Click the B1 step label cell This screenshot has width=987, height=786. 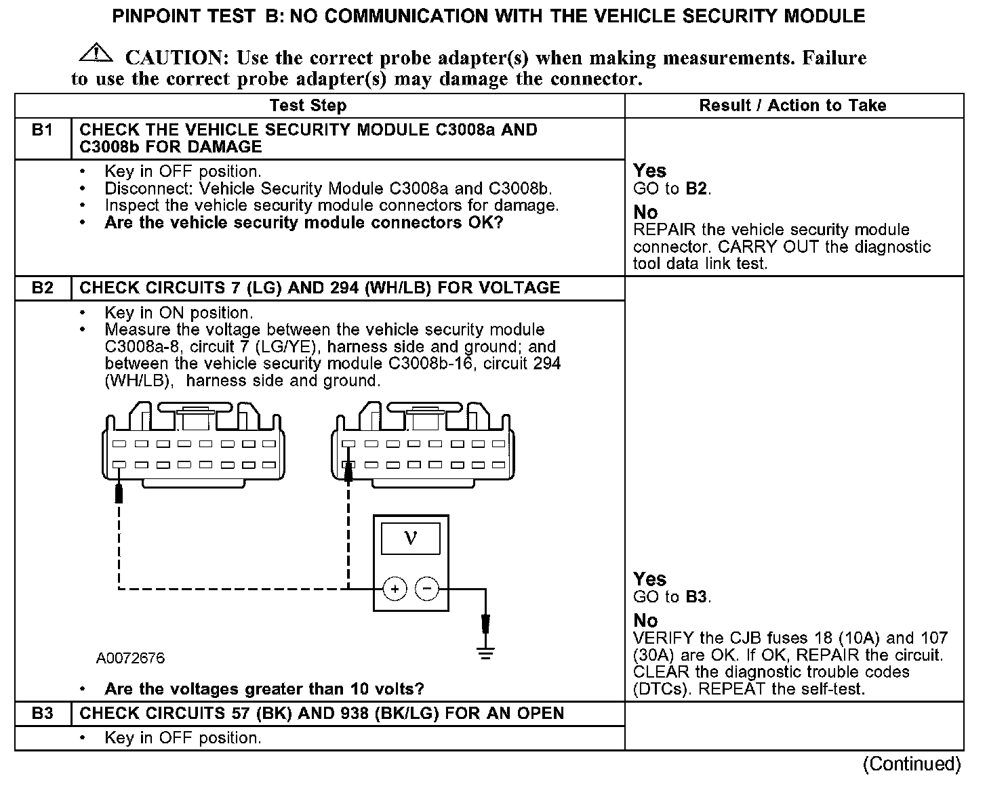42,130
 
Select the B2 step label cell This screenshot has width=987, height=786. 42,288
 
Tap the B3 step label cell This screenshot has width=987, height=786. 42,713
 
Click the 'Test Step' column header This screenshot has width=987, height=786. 308,106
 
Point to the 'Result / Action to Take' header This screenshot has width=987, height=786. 792,106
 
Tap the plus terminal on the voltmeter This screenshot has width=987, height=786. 395,589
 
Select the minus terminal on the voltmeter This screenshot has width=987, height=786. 427,589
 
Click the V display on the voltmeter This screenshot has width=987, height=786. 410,539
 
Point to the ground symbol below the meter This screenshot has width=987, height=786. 485,653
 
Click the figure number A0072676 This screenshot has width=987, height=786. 130,659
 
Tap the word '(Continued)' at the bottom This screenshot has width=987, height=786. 911,764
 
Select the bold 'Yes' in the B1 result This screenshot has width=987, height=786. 649,171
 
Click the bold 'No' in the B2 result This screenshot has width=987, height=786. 645,621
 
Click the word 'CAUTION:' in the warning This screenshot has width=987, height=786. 174,58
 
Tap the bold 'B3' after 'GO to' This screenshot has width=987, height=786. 696,597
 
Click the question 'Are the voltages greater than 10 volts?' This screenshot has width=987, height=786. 264,690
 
